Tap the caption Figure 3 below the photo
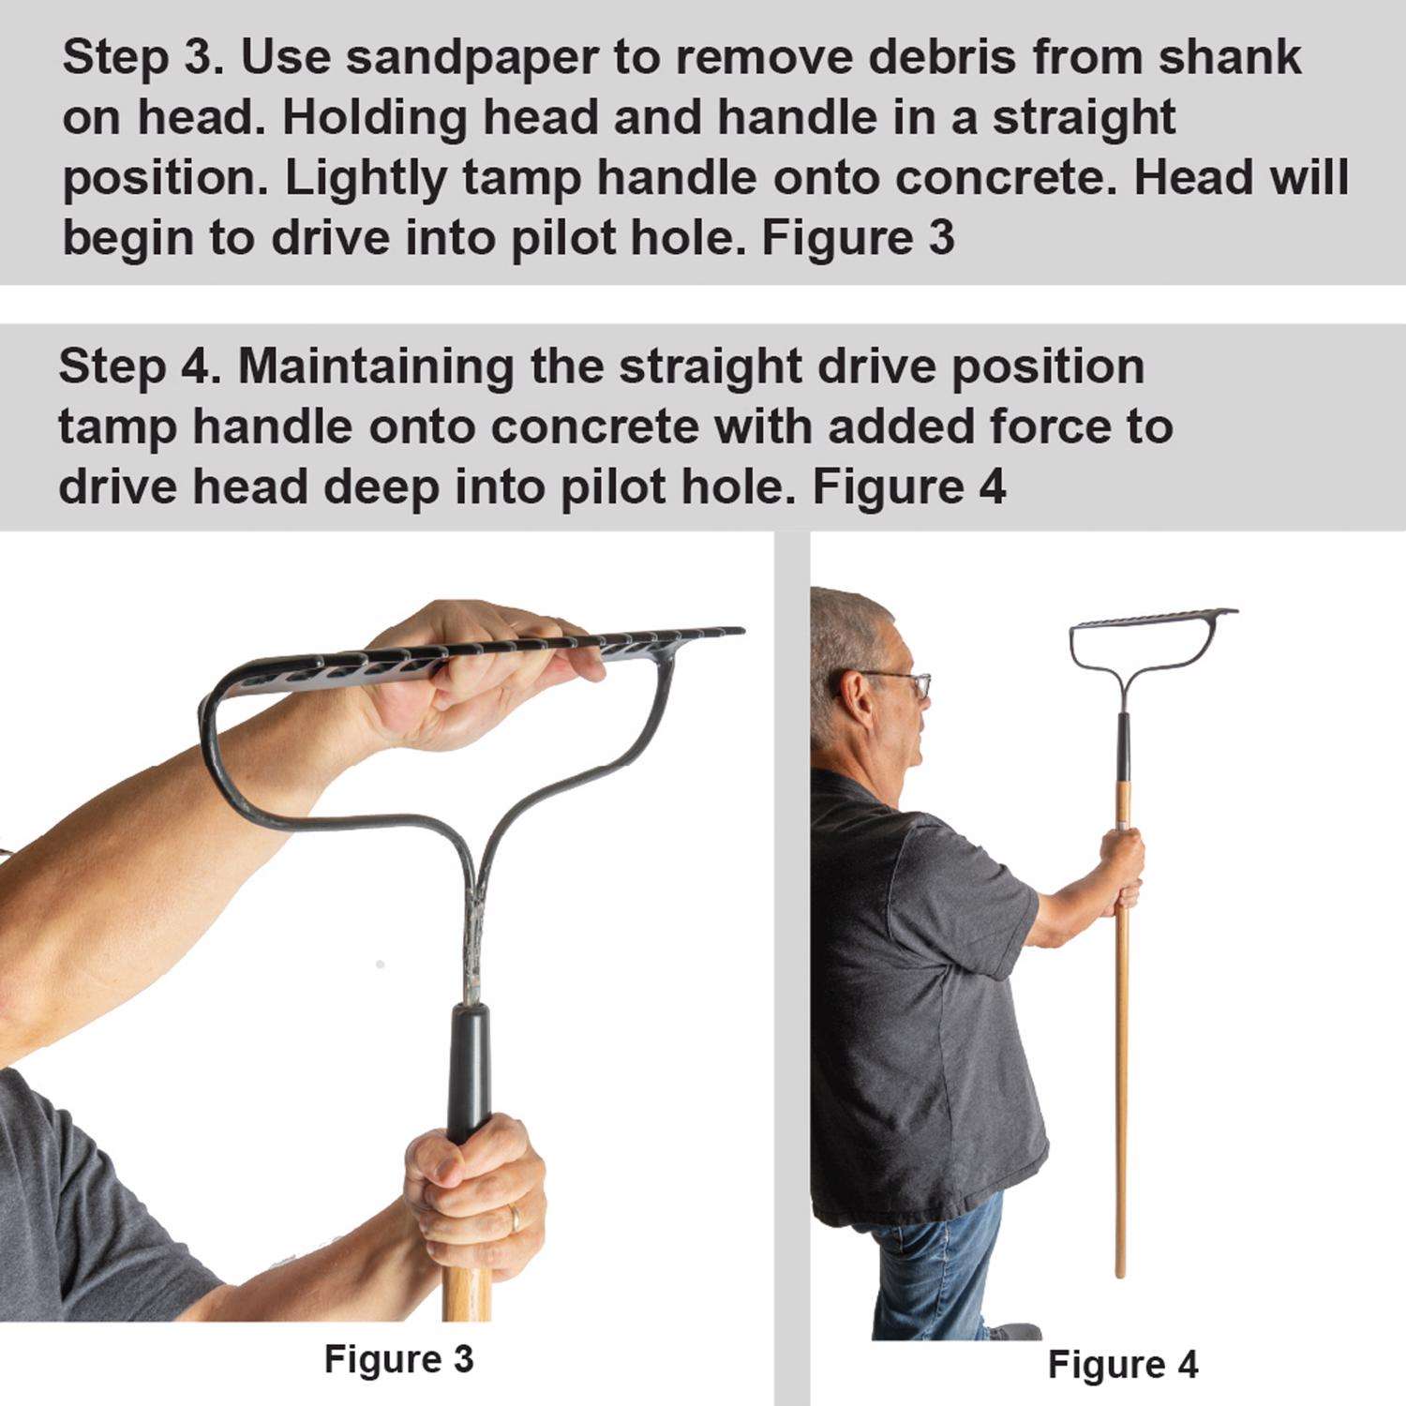[x=399, y=1358]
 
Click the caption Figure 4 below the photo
[x=1123, y=1364]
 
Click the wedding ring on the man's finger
[x=514, y=1219]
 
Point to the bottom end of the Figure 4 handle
[x=1119, y=1274]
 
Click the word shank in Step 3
[x=1230, y=58]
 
